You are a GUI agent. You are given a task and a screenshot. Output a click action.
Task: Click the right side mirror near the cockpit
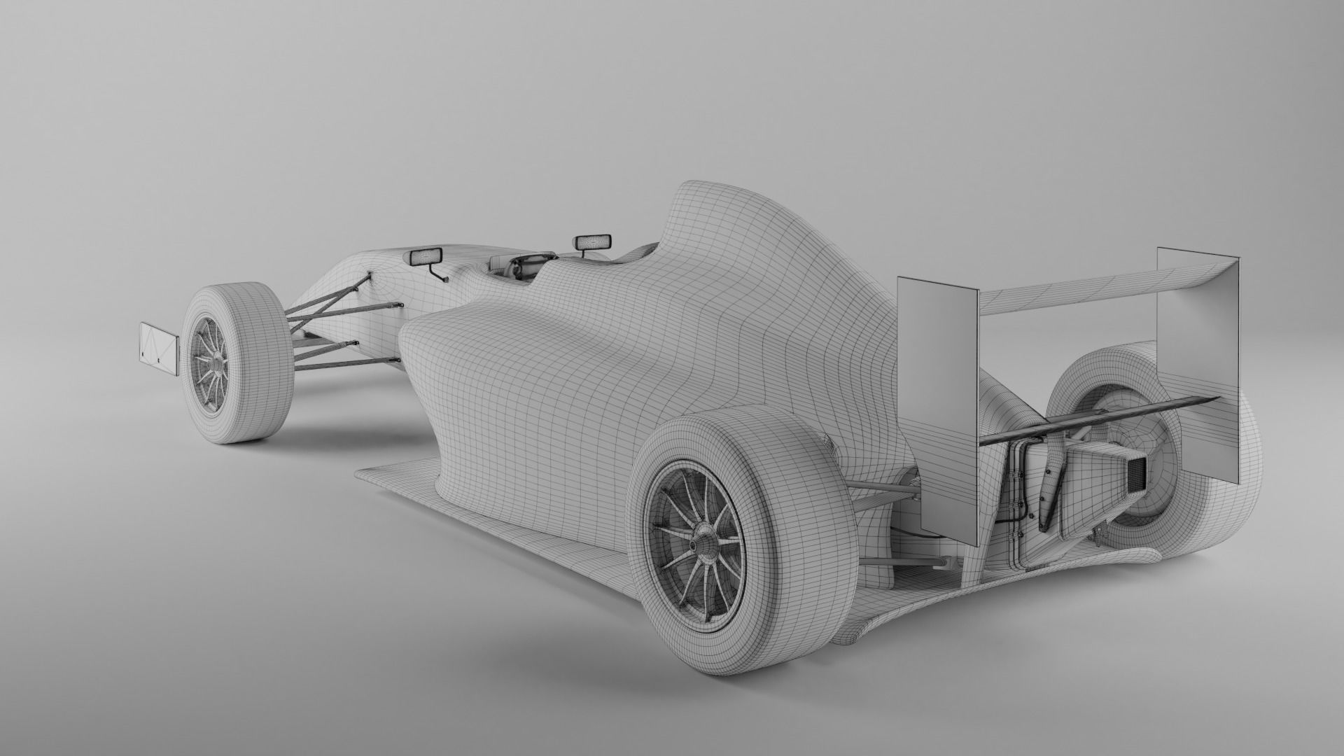tap(593, 241)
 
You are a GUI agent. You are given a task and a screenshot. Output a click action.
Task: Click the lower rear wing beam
tap(1092, 420)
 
